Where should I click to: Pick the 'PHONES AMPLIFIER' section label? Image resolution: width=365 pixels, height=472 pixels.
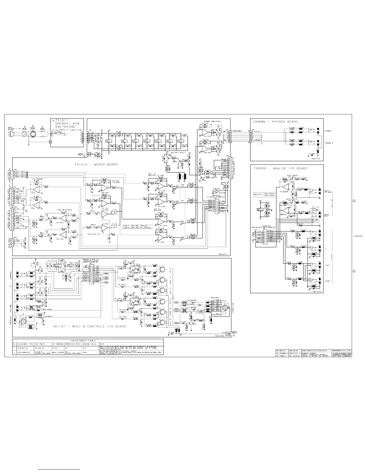point(212,121)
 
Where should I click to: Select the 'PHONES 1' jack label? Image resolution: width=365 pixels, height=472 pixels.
point(329,131)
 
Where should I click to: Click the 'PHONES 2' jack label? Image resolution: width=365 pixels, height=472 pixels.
point(329,143)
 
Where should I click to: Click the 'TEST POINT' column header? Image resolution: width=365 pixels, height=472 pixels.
point(40,344)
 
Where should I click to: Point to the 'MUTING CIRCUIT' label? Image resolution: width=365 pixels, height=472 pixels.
point(178,153)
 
